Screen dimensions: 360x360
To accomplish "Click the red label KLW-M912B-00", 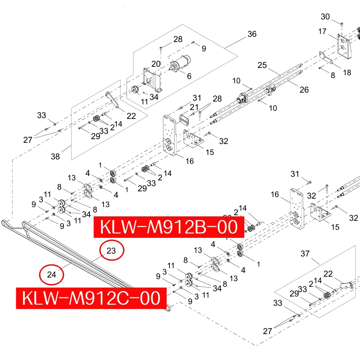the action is (x=169, y=227).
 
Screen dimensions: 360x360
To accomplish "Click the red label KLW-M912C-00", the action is (x=91, y=298).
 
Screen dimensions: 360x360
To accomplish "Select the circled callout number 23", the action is (x=111, y=251).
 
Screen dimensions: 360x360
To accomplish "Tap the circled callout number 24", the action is (x=51, y=275).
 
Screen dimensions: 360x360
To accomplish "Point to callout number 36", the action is (x=252, y=34).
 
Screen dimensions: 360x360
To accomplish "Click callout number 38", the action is (x=55, y=157).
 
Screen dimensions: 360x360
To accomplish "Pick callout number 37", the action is (x=305, y=254).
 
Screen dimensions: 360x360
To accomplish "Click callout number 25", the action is (x=262, y=65).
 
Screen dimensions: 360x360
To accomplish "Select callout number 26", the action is (x=304, y=89).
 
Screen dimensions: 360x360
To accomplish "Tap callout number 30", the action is (x=325, y=17).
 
